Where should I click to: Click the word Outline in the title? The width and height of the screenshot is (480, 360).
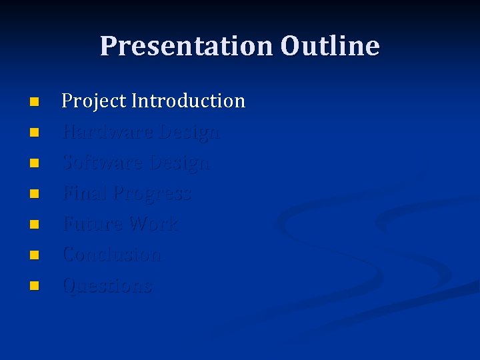point(330,46)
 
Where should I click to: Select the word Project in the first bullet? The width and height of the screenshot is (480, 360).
point(94,101)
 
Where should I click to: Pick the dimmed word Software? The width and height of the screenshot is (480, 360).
point(103,163)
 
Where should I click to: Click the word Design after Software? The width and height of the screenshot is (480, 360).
point(179,163)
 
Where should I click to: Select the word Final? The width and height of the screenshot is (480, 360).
point(84,193)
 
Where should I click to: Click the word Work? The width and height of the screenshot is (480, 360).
point(154,224)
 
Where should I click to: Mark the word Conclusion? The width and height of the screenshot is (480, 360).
point(111,255)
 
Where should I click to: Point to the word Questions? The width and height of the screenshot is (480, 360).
point(107,286)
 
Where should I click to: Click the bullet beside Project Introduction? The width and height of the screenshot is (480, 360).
point(35,103)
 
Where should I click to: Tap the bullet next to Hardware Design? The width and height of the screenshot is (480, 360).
point(35,133)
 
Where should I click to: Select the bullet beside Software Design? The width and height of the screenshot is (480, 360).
point(35,164)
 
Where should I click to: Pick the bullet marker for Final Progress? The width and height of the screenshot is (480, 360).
point(35,195)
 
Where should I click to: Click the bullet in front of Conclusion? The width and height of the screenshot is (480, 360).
point(35,256)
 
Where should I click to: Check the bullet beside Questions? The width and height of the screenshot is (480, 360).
point(35,287)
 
